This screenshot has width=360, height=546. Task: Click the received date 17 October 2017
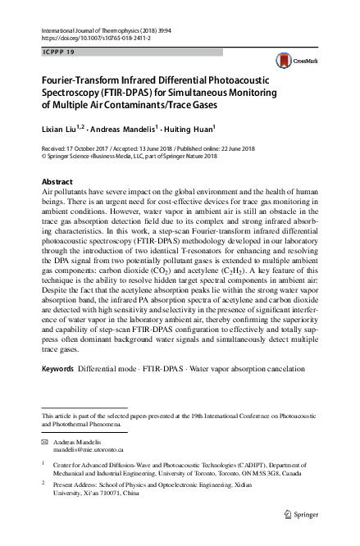coord(91,148)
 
